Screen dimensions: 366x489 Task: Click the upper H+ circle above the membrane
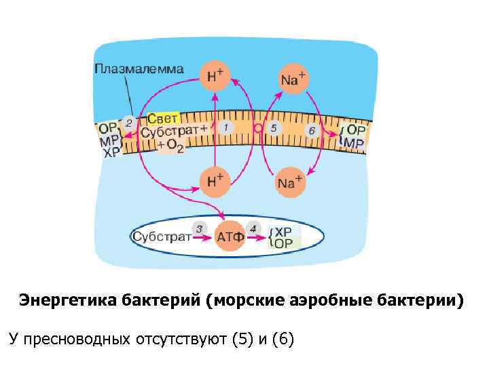pos(215,77)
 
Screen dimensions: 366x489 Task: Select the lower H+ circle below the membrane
pos(215,180)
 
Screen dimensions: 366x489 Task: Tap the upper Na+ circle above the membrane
pos(292,79)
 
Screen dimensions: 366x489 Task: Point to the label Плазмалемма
pos(139,68)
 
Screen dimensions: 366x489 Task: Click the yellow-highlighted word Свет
pos(162,118)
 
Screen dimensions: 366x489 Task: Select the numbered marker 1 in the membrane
pos(226,127)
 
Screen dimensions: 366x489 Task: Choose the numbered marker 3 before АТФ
pos(199,228)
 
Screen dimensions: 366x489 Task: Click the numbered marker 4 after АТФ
pos(253,228)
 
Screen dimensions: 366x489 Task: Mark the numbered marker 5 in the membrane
pos(273,127)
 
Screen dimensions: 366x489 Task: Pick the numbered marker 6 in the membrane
pos(312,129)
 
